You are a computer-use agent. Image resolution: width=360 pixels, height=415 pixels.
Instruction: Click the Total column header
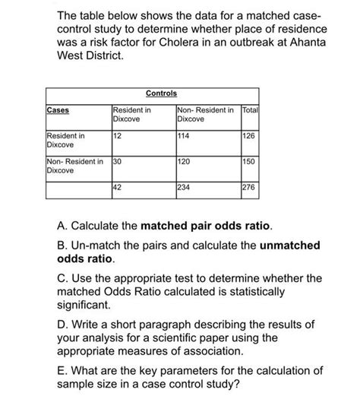250,110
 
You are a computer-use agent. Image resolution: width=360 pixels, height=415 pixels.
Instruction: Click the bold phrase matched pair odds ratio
211,228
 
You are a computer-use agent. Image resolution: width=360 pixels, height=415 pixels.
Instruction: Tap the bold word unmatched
283,246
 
